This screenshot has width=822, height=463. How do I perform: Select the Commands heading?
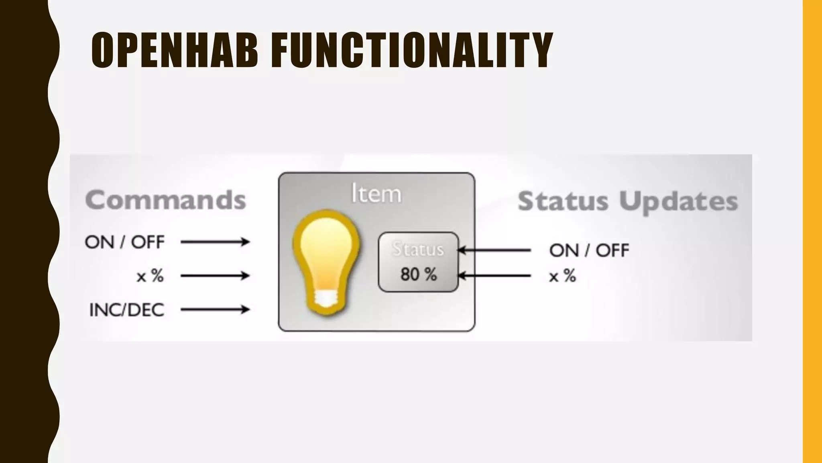(x=165, y=200)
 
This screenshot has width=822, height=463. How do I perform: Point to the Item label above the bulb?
(x=376, y=194)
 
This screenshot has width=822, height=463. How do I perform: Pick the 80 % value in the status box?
(x=418, y=275)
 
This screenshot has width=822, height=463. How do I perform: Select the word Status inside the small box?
(x=418, y=249)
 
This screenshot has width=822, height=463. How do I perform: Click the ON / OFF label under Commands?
(x=124, y=242)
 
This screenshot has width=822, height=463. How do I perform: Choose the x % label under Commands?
(x=150, y=276)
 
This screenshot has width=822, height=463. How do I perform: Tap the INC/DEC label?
(x=126, y=310)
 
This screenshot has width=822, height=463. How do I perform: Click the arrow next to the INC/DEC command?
(x=215, y=309)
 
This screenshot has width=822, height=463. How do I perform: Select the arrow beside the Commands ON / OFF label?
(x=215, y=242)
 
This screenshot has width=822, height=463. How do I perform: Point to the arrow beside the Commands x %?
(x=215, y=276)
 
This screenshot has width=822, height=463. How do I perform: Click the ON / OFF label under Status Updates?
(x=589, y=250)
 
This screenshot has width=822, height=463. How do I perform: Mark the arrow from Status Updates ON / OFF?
(x=494, y=250)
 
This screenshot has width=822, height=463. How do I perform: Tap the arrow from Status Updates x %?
(x=494, y=276)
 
